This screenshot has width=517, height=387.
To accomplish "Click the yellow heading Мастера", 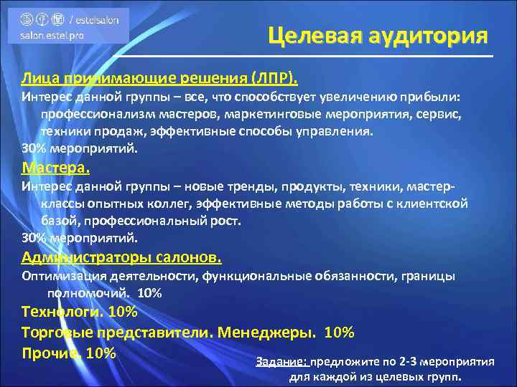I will click(x=56, y=168).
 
